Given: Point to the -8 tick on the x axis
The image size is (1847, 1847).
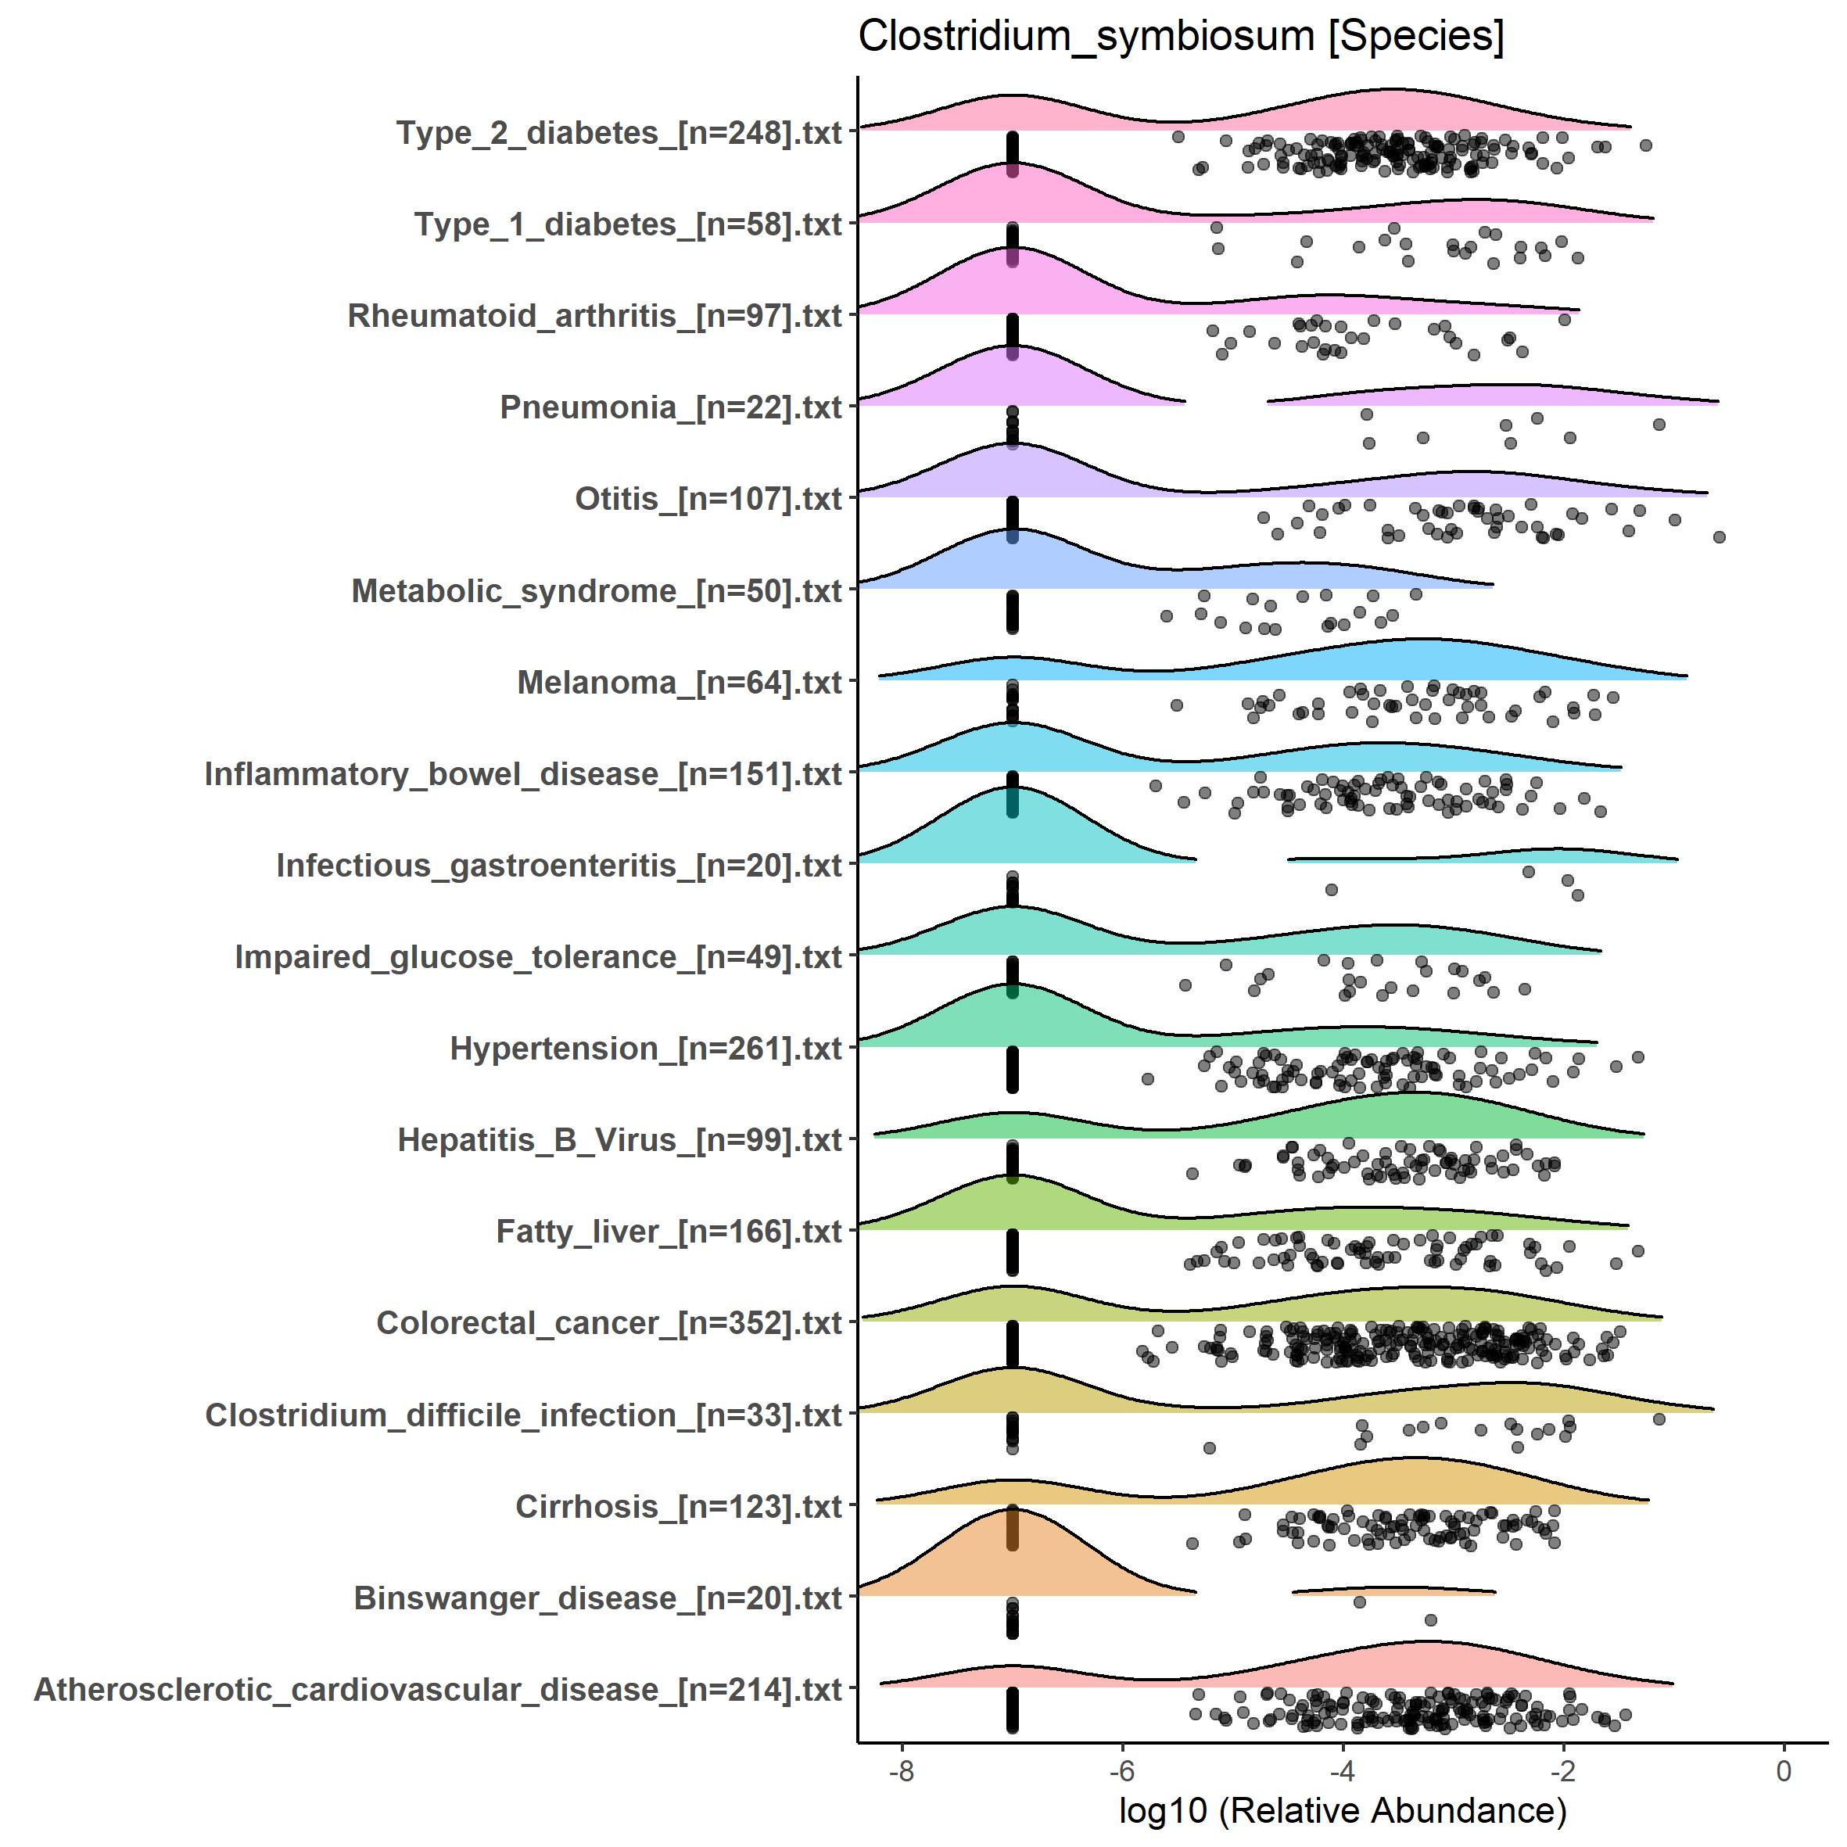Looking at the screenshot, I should coord(901,1771).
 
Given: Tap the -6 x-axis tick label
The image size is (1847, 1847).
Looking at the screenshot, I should coord(1121,1771).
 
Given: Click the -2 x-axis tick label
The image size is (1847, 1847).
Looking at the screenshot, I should coord(1563,1771).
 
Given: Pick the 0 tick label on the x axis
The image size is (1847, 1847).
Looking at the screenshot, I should coord(1784,1771).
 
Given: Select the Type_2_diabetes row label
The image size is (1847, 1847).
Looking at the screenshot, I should coord(619,133).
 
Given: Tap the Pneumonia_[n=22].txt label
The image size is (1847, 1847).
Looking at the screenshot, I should coord(670,407).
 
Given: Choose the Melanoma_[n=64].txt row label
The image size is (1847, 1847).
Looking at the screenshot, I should coord(679,683).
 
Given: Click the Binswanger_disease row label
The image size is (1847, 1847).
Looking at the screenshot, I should coord(597,1598).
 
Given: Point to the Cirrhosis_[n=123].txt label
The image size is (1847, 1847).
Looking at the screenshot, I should coord(678,1507).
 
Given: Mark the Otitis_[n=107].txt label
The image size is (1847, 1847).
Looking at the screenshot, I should coord(708,499).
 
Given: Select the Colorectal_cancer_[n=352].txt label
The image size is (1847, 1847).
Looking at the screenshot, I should coord(609,1323).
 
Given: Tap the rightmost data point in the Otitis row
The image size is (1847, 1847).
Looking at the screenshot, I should coord(1719,537).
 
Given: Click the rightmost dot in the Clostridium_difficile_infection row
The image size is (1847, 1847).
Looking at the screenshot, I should coord(1659,1418).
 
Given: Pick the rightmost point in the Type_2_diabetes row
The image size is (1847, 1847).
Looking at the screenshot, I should coord(1645,145).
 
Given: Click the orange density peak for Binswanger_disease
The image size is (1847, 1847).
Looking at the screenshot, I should coord(1011,1511).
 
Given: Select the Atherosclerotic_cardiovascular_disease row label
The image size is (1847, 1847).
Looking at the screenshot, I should coord(438,1689).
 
